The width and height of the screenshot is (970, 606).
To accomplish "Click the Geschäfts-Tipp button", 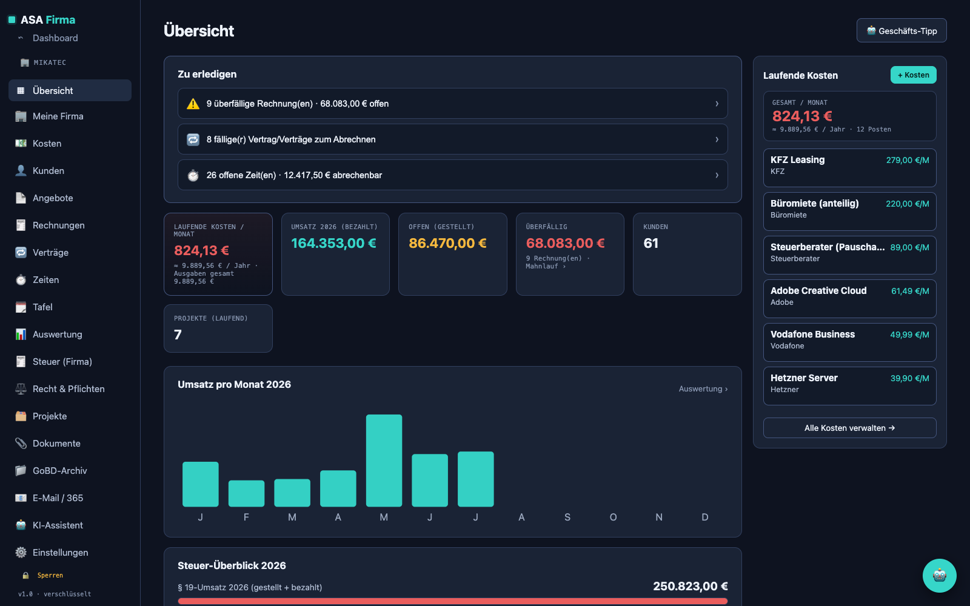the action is tap(901, 30).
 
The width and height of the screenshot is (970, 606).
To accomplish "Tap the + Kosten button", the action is tap(913, 75).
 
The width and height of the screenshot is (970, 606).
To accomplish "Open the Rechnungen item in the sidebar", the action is tap(58, 225).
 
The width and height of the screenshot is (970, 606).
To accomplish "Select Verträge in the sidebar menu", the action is tap(50, 252).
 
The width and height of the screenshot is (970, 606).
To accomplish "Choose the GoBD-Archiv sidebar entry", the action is tap(60, 470).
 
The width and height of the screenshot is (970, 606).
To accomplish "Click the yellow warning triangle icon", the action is tap(193, 104).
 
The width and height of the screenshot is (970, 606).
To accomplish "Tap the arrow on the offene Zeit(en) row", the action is tap(717, 175).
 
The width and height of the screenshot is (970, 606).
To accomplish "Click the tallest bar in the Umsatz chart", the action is tap(384, 461).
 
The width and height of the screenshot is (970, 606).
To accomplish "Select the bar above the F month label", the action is tap(246, 493).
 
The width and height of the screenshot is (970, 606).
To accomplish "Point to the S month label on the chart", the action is tap(567, 518).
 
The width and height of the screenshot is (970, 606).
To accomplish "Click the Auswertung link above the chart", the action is tap(703, 388).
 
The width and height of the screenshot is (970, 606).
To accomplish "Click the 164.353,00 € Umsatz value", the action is tap(333, 243).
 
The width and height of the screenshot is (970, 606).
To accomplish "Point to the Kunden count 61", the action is tap(651, 243).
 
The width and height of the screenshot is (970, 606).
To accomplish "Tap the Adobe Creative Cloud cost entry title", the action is tap(818, 291).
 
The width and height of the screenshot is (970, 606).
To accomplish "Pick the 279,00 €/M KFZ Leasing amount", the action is tap(907, 160).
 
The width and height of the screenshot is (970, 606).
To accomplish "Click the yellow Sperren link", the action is tap(50, 575).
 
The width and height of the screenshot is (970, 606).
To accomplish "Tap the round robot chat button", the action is tap(939, 576).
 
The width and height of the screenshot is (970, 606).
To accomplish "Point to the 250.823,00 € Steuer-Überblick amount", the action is tap(691, 586).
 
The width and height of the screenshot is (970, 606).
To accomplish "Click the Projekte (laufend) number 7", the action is tap(178, 335).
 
